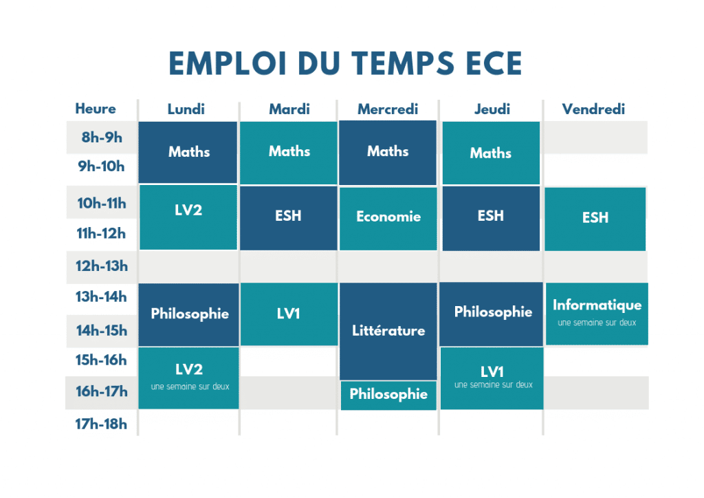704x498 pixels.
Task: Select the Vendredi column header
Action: [x=593, y=109]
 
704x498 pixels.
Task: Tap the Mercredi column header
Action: [x=388, y=109]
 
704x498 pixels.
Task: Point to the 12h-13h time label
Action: [x=102, y=266]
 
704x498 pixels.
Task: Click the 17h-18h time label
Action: [x=101, y=424]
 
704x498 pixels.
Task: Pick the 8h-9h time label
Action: [x=102, y=137]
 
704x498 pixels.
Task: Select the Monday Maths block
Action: [x=188, y=152]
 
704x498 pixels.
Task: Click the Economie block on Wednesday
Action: [x=388, y=219]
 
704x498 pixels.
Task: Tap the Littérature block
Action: [x=388, y=332]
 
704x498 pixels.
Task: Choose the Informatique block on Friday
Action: [x=597, y=314]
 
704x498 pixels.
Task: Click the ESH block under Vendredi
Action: [x=595, y=219]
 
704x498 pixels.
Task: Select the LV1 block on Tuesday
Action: [x=289, y=314]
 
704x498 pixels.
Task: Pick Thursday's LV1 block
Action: [x=492, y=378]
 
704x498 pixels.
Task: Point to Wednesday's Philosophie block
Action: [x=388, y=395]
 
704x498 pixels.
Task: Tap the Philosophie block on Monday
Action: [x=188, y=315]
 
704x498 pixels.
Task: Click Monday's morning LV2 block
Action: [x=188, y=217]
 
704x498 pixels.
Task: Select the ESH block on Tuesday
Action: [x=288, y=218]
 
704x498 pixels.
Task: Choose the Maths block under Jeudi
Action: [x=491, y=153]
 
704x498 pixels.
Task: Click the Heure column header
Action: [x=95, y=109]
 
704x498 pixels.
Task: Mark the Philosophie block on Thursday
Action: [x=491, y=314]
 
